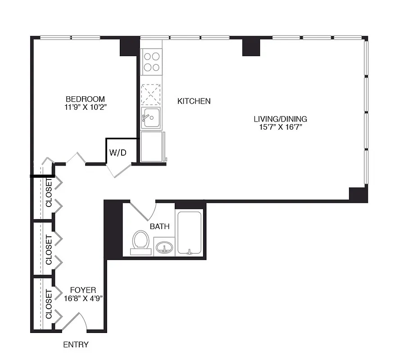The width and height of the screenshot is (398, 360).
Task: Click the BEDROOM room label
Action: [x=85, y=99]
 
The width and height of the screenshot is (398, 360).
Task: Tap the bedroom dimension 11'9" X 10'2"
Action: [x=85, y=108]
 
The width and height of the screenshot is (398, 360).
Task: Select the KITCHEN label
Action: [x=194, y=101]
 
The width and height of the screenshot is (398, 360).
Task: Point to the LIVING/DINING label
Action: [x=280, y=119]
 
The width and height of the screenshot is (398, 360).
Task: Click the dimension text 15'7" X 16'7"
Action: [x=280, y=127]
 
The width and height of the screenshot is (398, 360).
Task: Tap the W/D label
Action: [x=118, y=153]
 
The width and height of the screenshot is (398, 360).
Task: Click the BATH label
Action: [x=160, y=226]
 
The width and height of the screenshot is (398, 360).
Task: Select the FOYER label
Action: [x=83, y=290]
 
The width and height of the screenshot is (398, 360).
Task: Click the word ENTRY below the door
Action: [x=76, y=345]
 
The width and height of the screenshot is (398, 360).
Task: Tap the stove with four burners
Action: [x=151, y=62]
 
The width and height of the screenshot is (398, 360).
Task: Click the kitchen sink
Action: [x=151, y=118]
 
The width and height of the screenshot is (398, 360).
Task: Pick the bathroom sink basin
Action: [x=164, y=248]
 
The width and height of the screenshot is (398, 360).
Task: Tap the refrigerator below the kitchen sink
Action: [x=152, y=147]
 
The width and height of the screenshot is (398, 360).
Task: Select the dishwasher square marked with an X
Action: [x=151, y=94]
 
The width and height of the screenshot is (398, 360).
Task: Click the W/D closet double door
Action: [x=118, y=170]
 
